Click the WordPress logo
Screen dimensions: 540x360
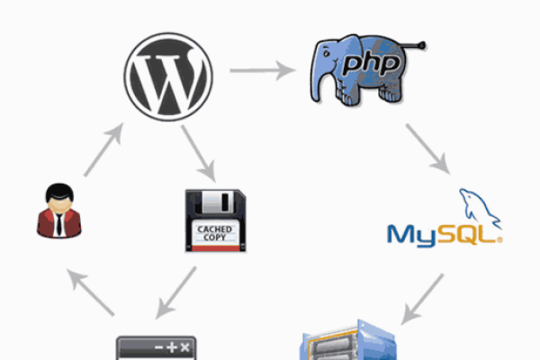click(x=168, y=76)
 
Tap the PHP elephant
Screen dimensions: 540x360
click(x=368, y=70)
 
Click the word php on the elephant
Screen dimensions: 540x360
click(x=371, y=64)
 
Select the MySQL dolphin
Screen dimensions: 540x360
click(x=480, y=208)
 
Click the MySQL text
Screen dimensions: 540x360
click(x=445, y=236)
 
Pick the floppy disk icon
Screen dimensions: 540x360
click(x=216, y=220)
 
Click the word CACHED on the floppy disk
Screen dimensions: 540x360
click(x=214, y=229)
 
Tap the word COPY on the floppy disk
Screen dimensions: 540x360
click(x=214, y=238)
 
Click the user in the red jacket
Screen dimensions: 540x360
click(x=59, y=211)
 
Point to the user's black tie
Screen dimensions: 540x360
click(x=59, y=224)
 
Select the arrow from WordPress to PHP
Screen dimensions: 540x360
click(x=263, y=70)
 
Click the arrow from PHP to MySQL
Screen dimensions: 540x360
click(x=427, y=148)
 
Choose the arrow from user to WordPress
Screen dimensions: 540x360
click(x=103, y=149)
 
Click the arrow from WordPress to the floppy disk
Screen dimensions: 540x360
click(x=199, y=153)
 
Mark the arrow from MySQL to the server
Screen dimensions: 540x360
click(x=422, y=300)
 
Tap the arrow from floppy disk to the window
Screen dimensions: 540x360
click(x=175, y=292)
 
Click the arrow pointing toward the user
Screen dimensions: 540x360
click(x=90, y=292)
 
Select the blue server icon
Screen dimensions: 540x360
click(x=348, y=339)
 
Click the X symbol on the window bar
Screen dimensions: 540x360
click(x=184, y=347)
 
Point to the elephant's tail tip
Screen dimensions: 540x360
click(x=422, y=45)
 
